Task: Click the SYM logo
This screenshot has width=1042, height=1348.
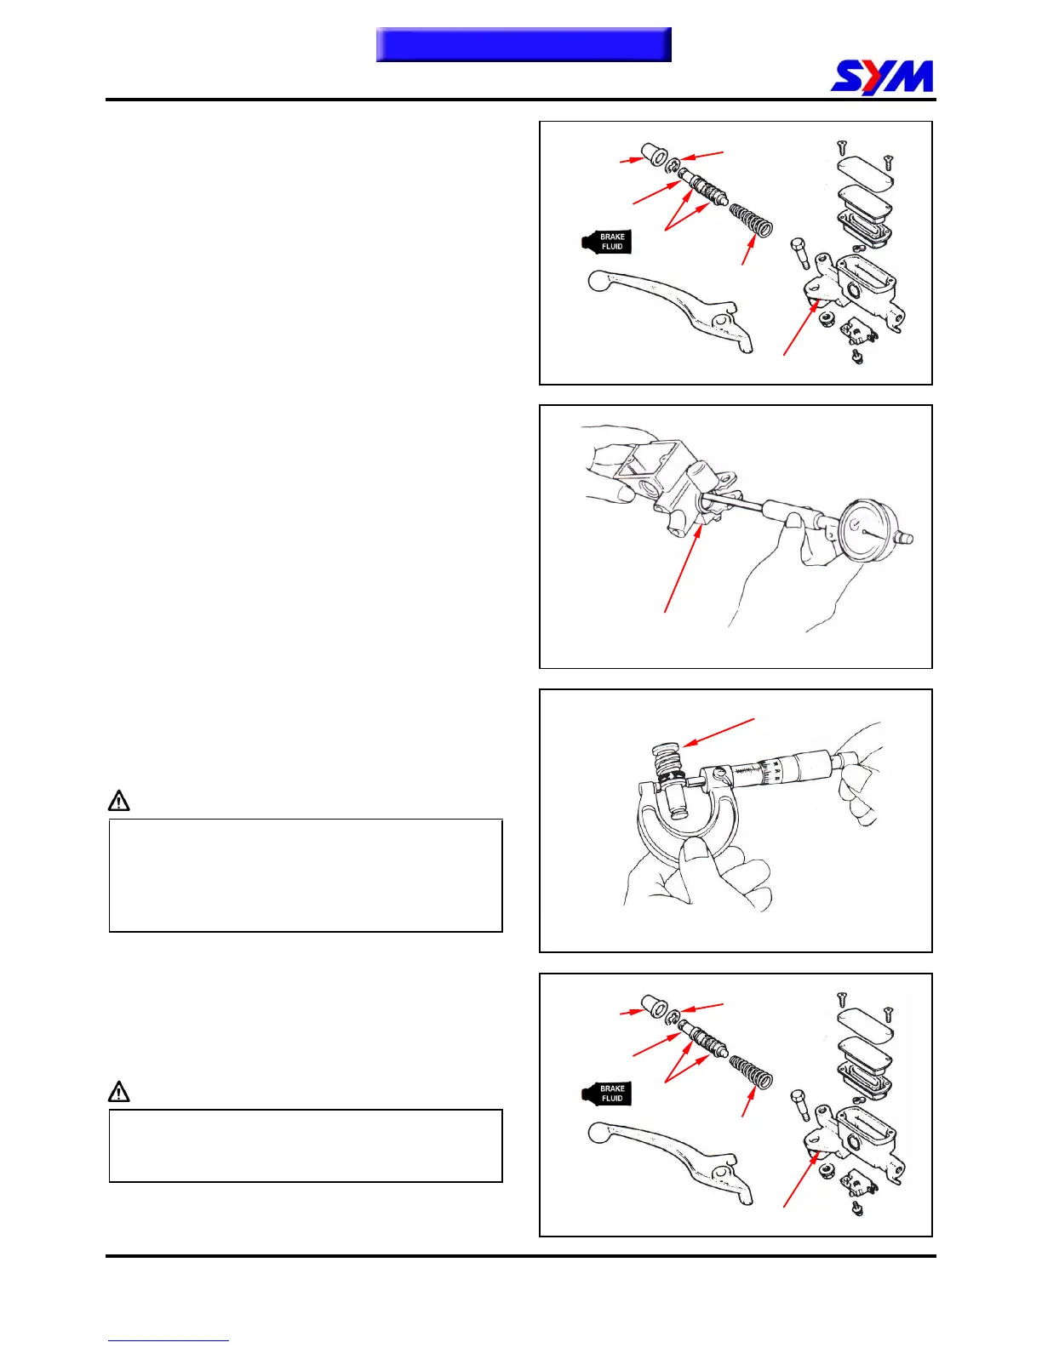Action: [882, 77]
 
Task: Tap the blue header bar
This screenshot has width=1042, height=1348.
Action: [524, 44]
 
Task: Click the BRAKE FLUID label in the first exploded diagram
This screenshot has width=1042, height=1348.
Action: [608, 242]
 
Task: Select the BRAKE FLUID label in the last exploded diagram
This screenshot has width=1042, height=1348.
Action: [608, 1094]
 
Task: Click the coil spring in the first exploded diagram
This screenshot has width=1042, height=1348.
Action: [752, 220]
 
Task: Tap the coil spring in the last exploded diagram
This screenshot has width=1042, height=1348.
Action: [752, 1071]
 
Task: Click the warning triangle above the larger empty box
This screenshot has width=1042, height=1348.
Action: [119, 801]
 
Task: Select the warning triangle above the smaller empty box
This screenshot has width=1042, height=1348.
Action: [119, 1091]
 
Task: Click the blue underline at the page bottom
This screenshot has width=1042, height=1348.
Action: [168, 1340]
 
